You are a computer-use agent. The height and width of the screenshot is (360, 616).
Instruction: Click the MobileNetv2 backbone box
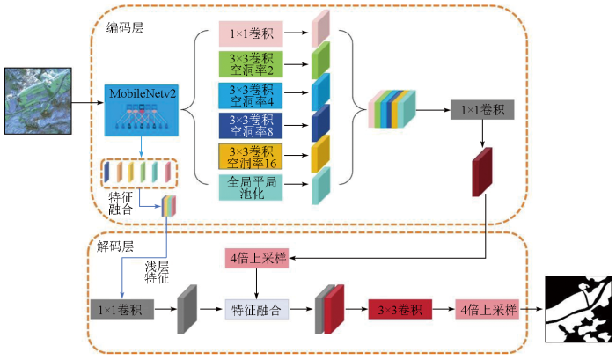pos(142,110)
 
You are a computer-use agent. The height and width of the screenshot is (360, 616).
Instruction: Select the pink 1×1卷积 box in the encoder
pos(251,33)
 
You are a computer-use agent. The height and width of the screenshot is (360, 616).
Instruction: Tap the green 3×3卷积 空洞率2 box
pos(251,64)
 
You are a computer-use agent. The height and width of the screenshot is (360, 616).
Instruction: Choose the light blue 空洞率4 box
pos(251,95)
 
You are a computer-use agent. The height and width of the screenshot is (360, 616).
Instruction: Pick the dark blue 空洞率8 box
pos(251,125)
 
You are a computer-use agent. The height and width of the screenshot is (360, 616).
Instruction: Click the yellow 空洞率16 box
pos(251,157)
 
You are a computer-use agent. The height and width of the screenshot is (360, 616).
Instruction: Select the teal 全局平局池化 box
pos(251,187)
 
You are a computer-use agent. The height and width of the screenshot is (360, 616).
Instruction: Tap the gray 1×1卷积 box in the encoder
pos(482,110)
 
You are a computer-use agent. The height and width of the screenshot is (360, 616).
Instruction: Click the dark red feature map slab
pos(482,173)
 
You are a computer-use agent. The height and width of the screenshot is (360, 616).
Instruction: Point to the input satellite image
pos(38,101)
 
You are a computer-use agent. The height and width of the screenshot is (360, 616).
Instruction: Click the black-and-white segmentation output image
pos(579,309)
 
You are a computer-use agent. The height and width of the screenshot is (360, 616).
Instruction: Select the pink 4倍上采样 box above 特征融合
pos(257,258)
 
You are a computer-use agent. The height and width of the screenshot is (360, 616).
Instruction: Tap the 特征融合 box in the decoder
pos(257,309)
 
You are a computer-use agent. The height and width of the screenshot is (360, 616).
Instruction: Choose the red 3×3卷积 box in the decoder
pos(400,309)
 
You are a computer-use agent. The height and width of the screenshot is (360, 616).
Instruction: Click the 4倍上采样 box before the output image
pos(488,309)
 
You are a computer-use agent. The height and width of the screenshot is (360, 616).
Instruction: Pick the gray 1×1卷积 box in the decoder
pos(122,309)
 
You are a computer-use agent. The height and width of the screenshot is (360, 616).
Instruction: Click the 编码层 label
pos(125,28)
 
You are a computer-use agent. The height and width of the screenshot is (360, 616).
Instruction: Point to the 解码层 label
pos(115,246)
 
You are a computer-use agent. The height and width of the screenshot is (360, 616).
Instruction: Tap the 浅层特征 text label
pos(157,272)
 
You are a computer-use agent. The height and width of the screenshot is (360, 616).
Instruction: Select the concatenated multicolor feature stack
pos(392,109)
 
